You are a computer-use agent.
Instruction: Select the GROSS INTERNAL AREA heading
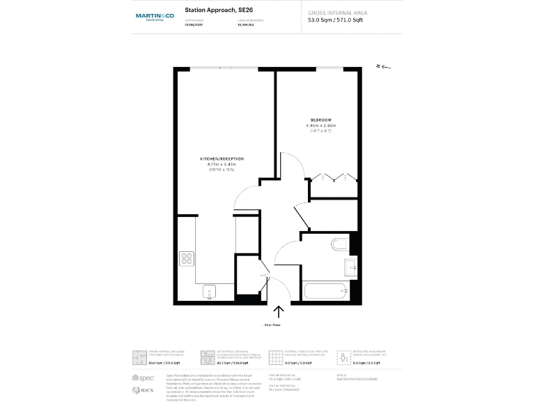337,13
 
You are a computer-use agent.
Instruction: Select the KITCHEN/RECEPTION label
222,159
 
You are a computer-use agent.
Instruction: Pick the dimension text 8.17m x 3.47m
222,165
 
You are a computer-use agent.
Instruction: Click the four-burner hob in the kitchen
187,259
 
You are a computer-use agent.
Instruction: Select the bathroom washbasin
350,265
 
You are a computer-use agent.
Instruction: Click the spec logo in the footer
143,378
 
